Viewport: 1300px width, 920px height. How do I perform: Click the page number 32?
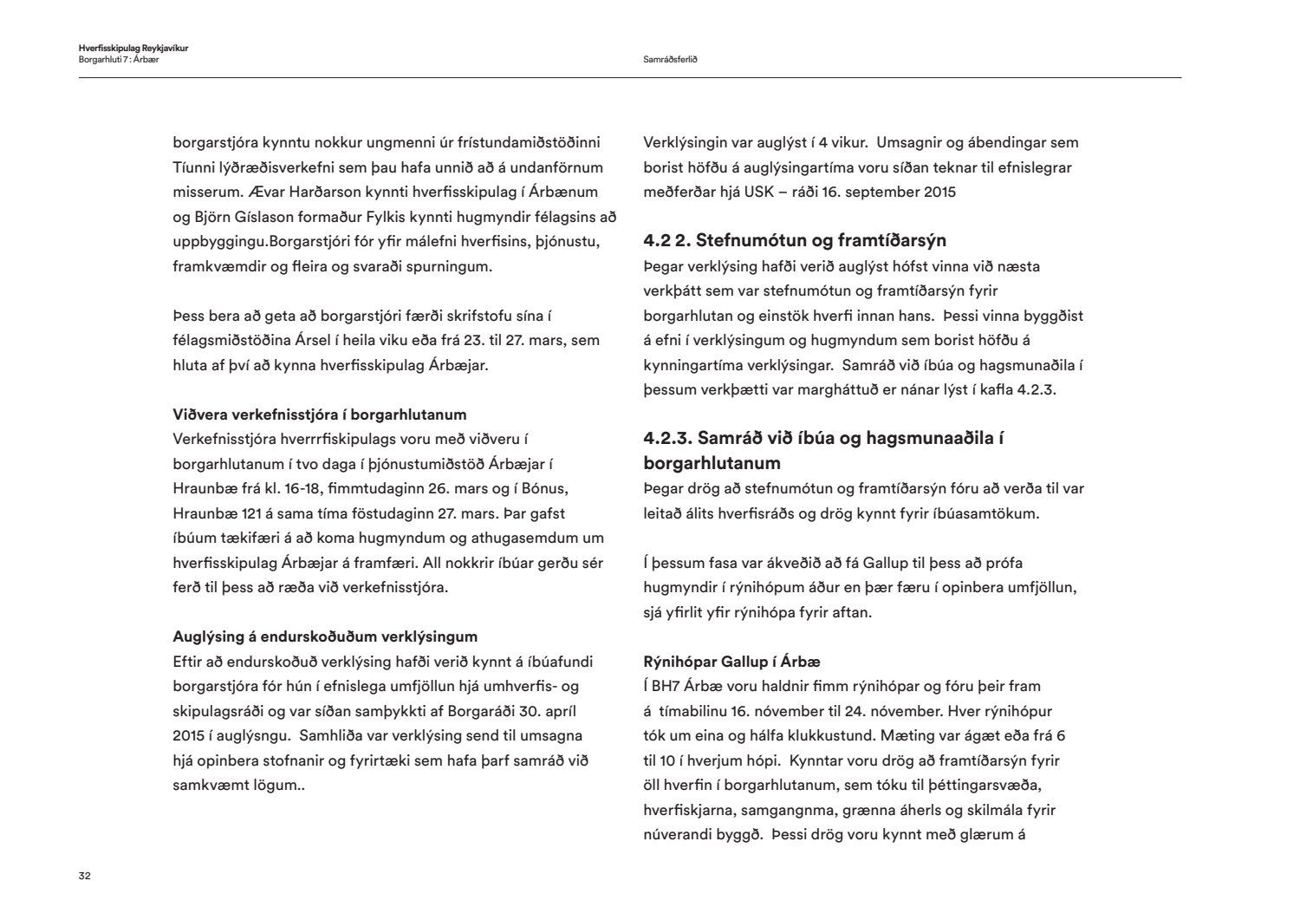coord(85,876)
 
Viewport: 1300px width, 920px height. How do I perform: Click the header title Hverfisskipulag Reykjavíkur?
coord(133,49)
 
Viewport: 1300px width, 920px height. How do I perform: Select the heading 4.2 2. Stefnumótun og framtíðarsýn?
coord(795,240)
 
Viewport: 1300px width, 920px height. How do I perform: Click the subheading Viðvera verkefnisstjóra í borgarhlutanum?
coord(320,414)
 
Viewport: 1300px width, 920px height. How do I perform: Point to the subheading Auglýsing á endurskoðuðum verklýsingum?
coord(325,637)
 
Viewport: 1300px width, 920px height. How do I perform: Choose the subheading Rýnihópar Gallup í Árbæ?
coord(731,662)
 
